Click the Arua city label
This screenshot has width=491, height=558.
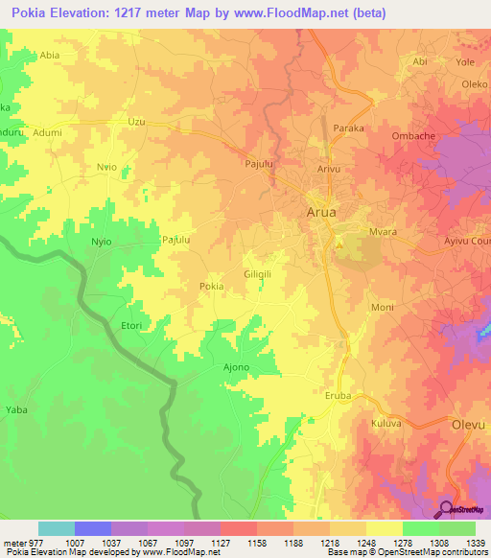point(321,213)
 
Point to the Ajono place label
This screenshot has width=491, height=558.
point(236,367)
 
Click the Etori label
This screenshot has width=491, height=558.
point(130,326)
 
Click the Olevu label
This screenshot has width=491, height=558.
point(469,423)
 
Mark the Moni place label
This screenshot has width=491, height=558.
point(382,308)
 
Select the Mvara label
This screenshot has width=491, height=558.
point(385,232)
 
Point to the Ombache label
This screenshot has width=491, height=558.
point(414,135)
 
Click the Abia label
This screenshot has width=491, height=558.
point(50,56)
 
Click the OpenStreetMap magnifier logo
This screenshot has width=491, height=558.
point(447,511)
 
